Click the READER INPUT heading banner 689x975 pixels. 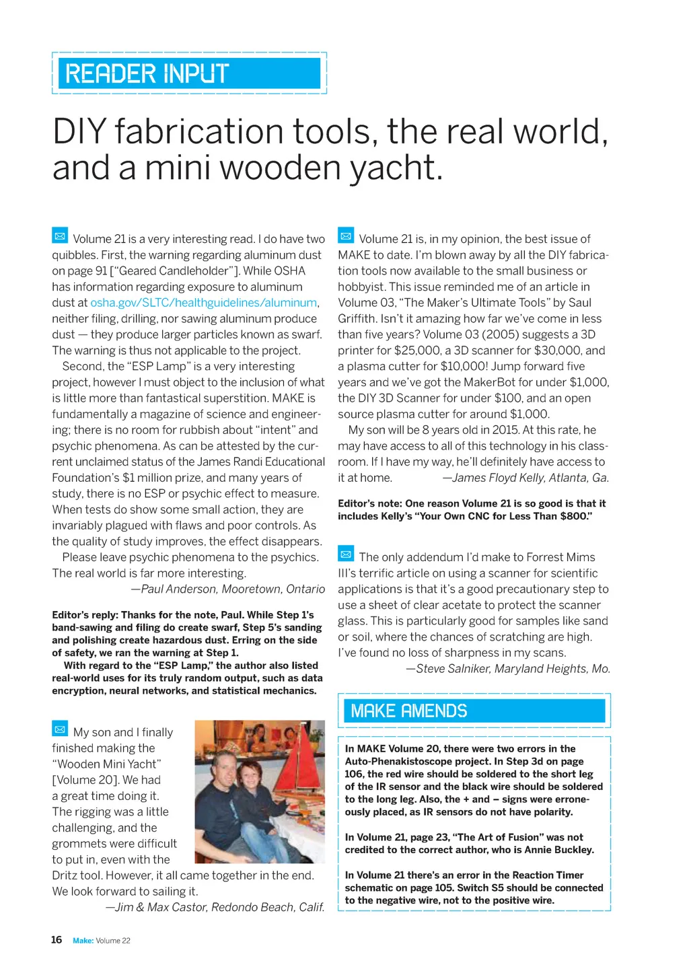[188, 73]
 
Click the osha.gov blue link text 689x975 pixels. [203, 303]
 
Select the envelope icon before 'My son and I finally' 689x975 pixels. [60, 729]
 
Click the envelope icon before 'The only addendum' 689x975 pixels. [346, 554]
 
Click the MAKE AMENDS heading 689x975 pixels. [409, 711]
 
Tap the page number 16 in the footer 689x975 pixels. [57, 940]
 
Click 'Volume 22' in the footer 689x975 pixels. [113, 941]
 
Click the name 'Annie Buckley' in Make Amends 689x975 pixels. [560, 850]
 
